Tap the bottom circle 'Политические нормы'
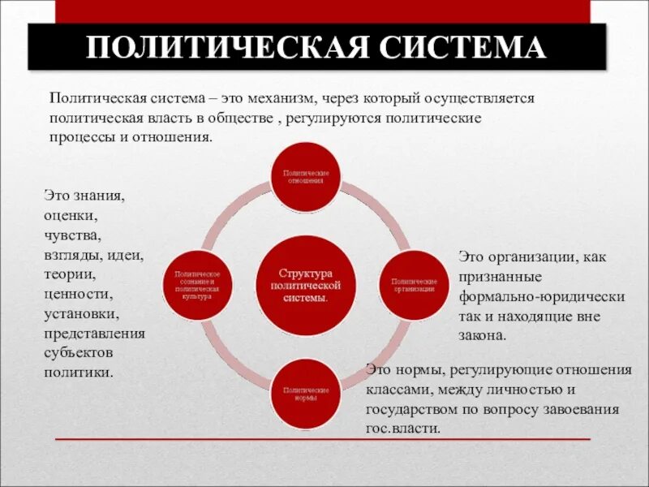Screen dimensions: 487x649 tap(305, 394)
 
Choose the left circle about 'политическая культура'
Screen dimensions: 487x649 tap(197, 285)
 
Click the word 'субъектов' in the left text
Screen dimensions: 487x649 tap(80, 353)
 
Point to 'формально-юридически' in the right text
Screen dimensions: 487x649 tap(542, 296)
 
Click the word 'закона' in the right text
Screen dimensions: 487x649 tap(484, 335)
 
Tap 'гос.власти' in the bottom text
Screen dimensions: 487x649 tap(403, 429)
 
